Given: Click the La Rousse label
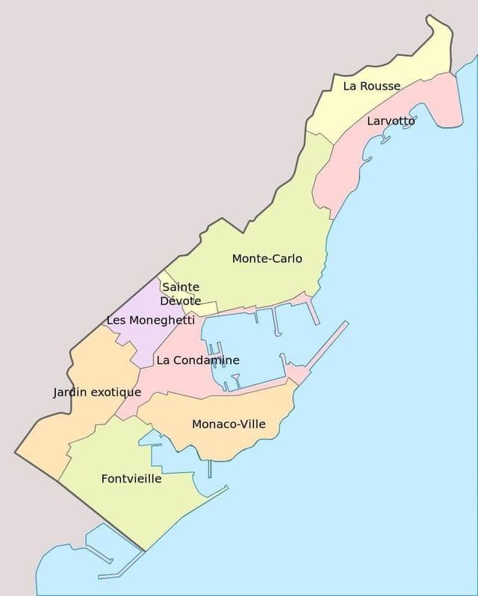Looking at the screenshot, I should pos(371,87).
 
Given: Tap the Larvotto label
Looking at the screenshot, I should pos(391,121).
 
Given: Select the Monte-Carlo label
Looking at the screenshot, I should pos(267,259).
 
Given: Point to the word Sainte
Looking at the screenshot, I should pos(181,287).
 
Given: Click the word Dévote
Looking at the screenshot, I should pos(180,301).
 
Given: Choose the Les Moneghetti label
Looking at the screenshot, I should pos(151,320).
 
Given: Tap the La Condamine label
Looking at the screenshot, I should pos(198,360).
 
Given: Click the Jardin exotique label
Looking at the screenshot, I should pos(97,392).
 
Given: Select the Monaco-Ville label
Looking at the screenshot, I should pos(229,424).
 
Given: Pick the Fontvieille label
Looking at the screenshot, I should pos(131,479).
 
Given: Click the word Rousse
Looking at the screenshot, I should pos(381,87).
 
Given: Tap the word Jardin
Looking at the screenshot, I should pos(69,392).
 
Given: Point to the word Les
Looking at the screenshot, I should pos(116,320).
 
